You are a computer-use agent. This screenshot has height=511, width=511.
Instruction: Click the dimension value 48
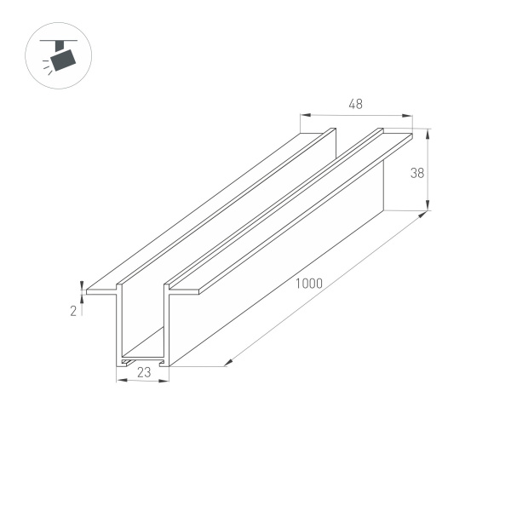click(x=356, y=104)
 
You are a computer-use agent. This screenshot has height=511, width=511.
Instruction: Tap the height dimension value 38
click(x=417, y=172)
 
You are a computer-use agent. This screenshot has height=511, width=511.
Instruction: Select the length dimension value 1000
click(x=308, y=284)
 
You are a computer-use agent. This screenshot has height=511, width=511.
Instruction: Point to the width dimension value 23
click(x=142, y=371)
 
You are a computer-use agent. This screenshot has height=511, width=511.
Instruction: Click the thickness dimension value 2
click(x=73, y=312)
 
